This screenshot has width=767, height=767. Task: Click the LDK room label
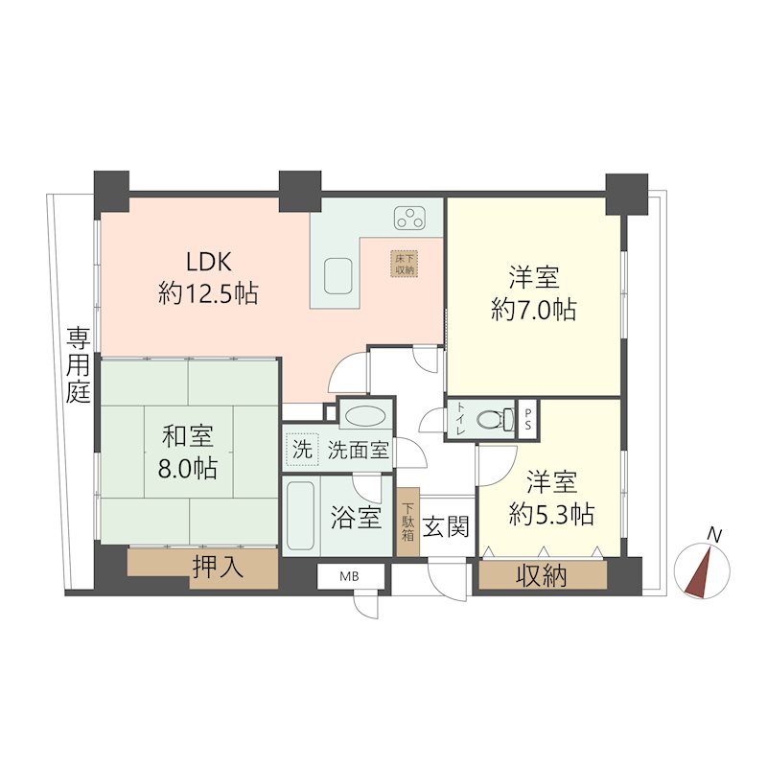208,262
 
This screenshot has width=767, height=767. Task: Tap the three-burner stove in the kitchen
409,219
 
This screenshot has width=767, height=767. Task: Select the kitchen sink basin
338,276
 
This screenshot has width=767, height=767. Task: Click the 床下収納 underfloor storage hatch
405,264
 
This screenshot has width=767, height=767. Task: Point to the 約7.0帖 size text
534,309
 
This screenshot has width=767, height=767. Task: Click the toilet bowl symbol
494,419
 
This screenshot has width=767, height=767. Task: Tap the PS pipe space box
527,419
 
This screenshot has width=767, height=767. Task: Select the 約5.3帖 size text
552,514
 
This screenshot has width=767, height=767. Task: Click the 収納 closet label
542,575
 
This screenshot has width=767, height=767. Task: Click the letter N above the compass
715,535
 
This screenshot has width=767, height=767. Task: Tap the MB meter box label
349,577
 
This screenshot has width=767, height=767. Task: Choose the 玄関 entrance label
446,526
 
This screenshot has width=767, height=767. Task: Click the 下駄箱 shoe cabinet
408,522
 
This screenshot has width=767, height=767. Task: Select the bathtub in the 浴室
300,516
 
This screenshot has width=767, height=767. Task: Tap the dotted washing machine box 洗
302,449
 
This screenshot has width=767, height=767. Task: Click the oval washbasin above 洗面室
365,416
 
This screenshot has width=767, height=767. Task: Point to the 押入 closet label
218,568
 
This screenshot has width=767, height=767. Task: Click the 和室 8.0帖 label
188,452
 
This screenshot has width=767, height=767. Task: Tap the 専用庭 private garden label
79,365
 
